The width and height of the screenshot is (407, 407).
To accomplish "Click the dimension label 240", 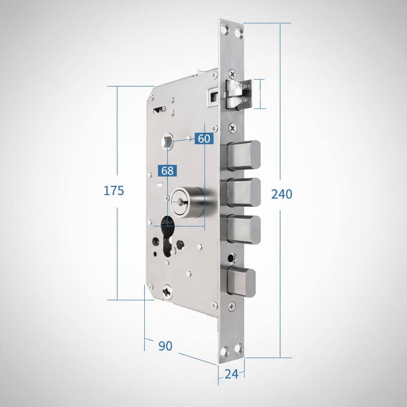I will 282,194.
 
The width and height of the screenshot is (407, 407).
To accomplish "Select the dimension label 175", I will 114,191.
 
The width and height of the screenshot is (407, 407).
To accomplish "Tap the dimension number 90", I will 165,346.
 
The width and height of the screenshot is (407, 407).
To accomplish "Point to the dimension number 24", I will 231,374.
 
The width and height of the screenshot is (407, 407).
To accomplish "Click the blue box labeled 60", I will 204,139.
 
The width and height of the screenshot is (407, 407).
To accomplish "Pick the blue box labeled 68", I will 167,171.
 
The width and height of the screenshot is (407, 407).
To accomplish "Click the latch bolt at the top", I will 238,94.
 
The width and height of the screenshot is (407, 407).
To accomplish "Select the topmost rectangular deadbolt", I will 243,155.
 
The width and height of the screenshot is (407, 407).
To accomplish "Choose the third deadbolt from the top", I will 243,230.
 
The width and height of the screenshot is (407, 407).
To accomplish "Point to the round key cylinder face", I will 180,202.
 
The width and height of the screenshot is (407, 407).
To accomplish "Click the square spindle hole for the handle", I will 168,141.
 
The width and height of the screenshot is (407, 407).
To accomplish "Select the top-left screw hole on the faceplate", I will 225,29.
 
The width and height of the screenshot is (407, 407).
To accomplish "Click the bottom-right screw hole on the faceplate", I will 238,349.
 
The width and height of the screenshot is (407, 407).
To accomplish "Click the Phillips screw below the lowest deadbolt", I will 232,306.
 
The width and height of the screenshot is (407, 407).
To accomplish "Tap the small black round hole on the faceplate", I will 231,259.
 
